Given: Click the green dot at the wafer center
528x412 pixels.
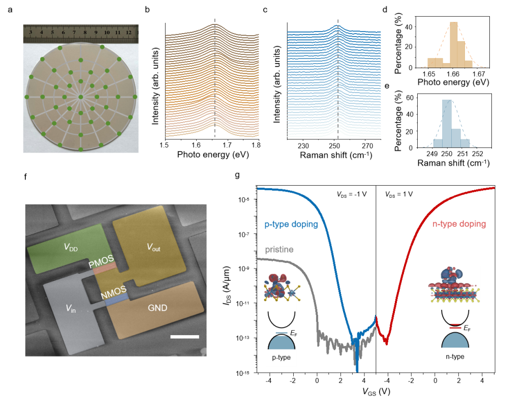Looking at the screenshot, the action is (81, 97).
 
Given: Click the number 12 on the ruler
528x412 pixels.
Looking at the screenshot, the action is (129, 33).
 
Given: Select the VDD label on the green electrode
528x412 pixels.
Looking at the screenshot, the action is (71, 248).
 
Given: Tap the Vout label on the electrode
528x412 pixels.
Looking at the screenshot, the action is (153, 247).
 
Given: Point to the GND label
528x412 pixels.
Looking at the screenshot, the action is (158, 308).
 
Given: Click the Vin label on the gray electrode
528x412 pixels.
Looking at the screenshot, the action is (71, 308).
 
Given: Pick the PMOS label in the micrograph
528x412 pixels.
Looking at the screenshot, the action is (101, 261).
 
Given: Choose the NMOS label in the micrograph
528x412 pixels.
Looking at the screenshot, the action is (114, 292).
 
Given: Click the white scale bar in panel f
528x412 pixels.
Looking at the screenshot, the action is (184, 337).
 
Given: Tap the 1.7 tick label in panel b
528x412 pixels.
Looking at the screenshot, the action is (227, 145).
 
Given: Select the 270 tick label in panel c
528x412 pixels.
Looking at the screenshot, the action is (367, 145).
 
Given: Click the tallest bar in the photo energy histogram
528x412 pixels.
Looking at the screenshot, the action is (454, 45).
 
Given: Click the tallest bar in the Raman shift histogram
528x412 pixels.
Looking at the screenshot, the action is (447, 124).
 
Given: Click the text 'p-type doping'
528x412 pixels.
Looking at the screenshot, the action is (291, 224).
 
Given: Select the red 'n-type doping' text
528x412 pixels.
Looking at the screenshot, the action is (459, 224).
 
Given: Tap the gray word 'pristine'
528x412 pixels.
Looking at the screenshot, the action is (279, 250).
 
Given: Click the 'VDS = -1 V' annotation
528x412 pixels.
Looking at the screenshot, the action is (352, 194).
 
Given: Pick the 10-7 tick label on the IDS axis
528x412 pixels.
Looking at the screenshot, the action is (244, 234).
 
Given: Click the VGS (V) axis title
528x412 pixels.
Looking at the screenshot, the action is (376, 392).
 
